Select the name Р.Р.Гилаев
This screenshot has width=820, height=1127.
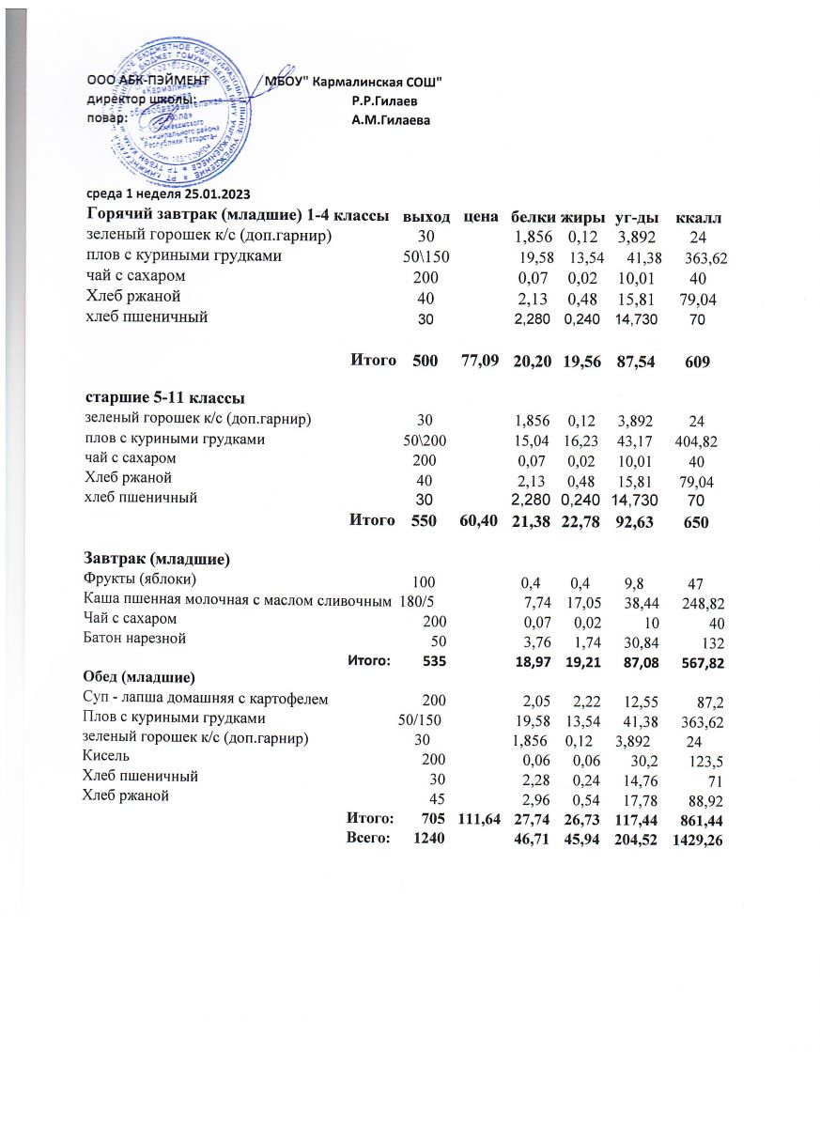tap(385, 100)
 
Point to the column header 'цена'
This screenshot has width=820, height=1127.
tap(480, 218)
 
